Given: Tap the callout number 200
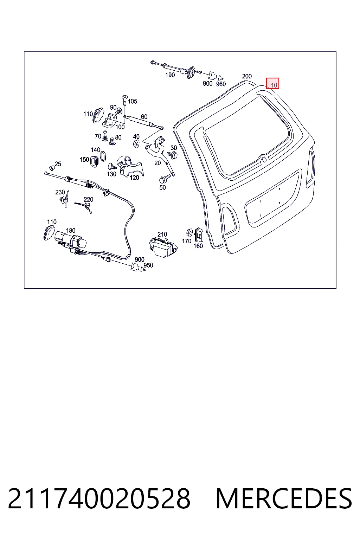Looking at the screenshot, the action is click(247, 76).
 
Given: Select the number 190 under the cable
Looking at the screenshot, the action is click(170, 75).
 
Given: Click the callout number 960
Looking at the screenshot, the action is click(221, 84).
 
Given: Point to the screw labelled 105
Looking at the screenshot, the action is click(125, 100).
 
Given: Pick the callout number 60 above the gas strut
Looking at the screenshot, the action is click(144, 117).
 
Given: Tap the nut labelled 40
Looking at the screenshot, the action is click(136, 144).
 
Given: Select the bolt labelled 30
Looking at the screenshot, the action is click(172, 155).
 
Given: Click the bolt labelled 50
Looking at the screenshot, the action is click(165, 179).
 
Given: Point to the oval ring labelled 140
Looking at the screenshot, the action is click(103, 156).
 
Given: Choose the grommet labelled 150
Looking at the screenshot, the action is click(94, 161).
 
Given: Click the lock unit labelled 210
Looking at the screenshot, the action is click(163, 247).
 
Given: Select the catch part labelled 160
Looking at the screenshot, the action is click(199, 234).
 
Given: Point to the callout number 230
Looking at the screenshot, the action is click(60, 192).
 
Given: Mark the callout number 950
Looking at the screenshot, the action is click(148, 265).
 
